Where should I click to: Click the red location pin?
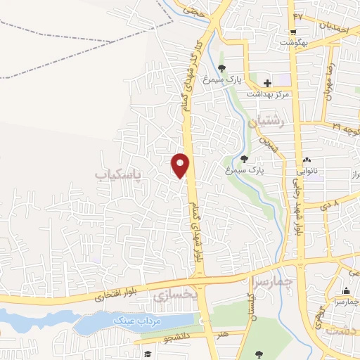[181, 165]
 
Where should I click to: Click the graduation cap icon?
[147, 354]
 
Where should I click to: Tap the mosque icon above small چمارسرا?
[345, 290]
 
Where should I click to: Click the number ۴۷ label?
[298, 15]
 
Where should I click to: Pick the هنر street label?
[222, 333]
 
